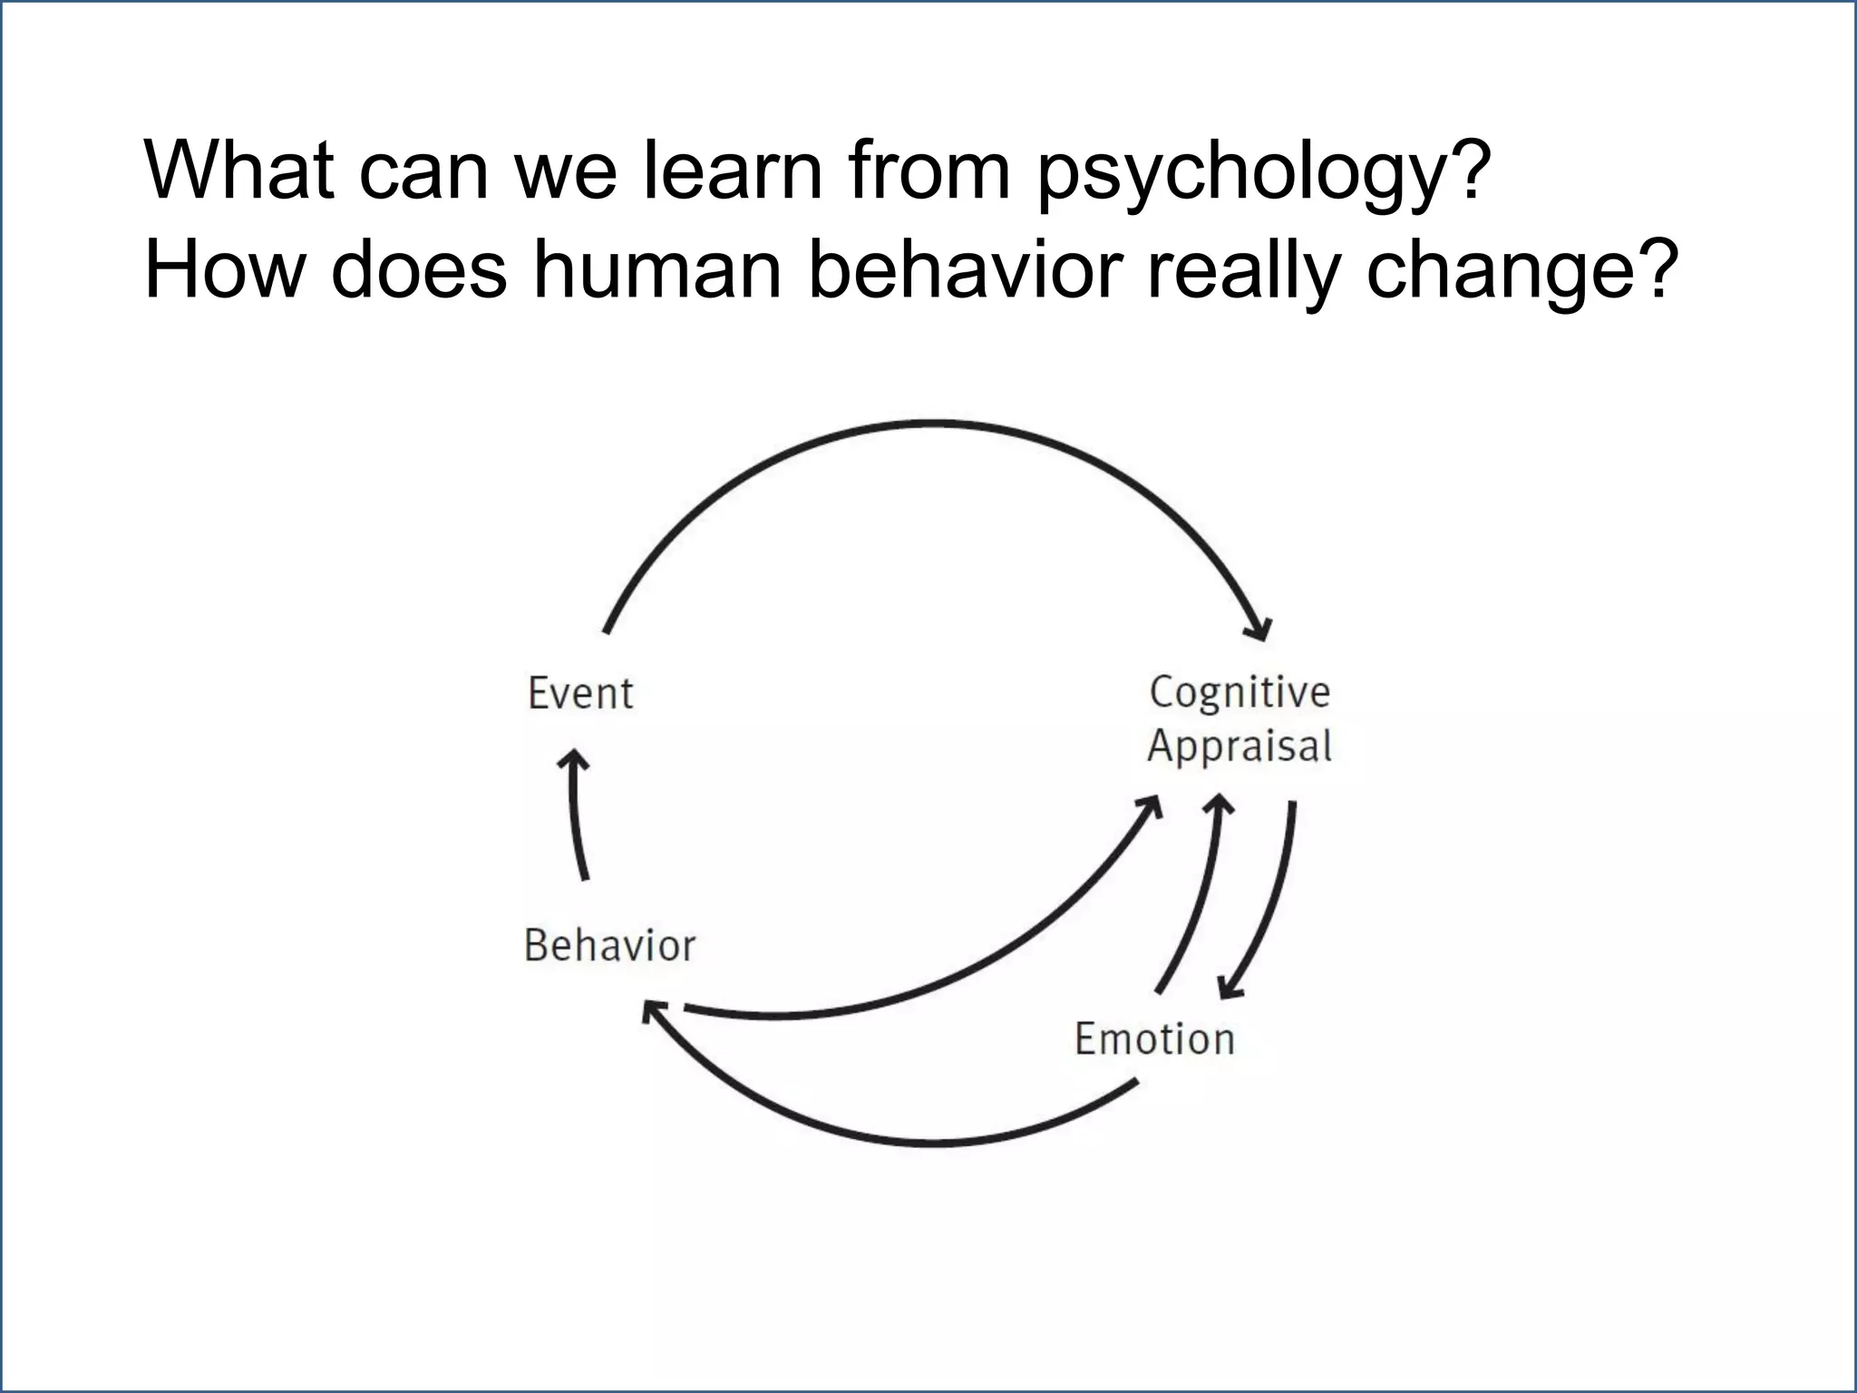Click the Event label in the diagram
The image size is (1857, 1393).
(x=580, y=694)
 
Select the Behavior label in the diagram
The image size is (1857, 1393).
(x=609, y=946)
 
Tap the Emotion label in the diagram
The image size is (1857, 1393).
(x=1154, y=1039)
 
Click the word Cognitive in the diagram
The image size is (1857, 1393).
(x=1240, y=693)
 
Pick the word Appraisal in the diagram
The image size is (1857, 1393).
(x=1240, y=746)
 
